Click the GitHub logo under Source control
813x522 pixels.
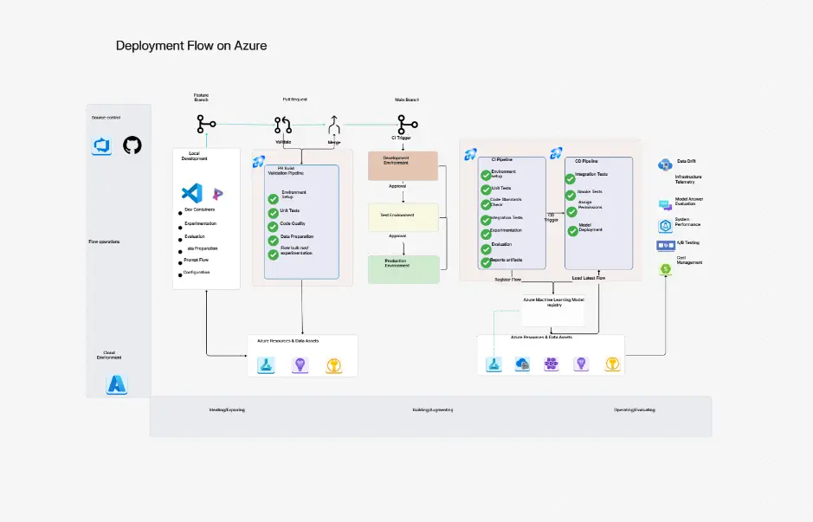[132, 145]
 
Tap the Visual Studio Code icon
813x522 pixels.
[191, 193]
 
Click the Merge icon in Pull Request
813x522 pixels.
[334, 125]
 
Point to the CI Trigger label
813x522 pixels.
[403, 138]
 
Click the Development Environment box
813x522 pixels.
[403, 165]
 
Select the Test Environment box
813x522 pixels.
[403, 217]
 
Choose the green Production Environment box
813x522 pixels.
[403, 269]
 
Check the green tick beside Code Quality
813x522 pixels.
[274, 224]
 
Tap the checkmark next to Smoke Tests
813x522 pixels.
[572, 194]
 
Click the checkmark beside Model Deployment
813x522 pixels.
[572, 229]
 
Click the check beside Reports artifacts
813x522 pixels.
[486, 260]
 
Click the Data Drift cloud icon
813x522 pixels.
[665, 164]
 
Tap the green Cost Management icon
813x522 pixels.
[665, 269]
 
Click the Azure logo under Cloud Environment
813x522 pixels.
[116, 384]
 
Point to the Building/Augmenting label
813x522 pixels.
[432, 409]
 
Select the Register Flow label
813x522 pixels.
[507, 280]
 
